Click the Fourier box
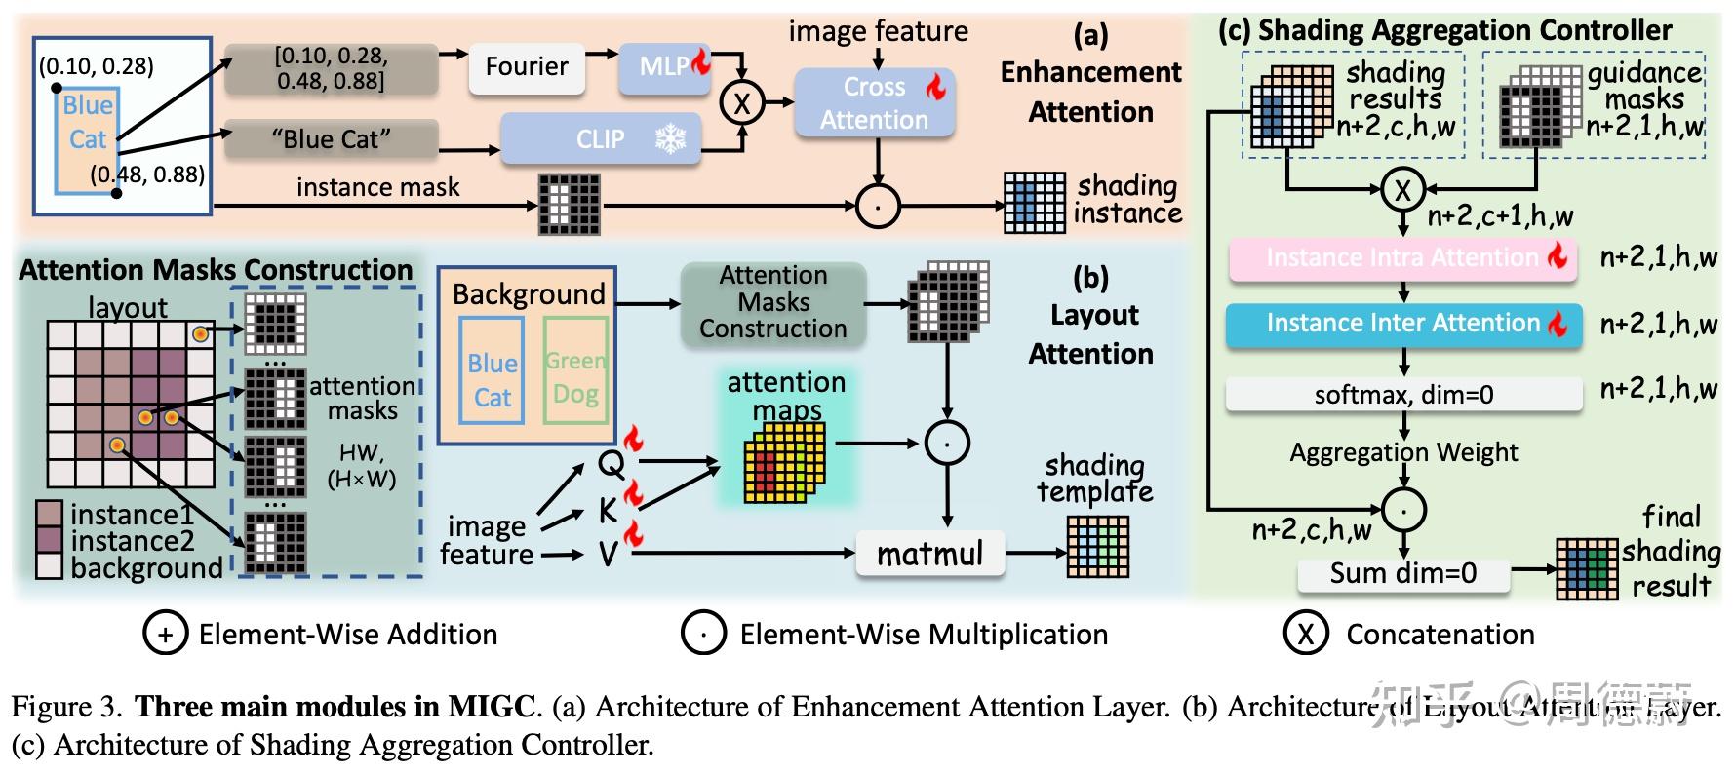point(527,67)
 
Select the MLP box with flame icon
point(665,67)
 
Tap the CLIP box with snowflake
point(601,139)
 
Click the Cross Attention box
point(874,102)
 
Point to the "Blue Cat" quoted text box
point(331,139)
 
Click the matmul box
point(929,555)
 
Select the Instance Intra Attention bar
point(1402,258)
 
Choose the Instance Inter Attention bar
point(1402,324)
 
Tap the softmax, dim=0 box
point(1402,395)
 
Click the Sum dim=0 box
point(1402,573)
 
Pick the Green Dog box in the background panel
point(575,377)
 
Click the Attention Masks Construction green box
point(772,302)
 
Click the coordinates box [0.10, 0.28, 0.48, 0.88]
point(331,68)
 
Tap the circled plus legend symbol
point(166,635)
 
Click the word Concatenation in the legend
point(1440,635)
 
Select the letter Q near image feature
point(611,464)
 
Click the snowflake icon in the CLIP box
point(670,139)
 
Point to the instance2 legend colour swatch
point(49,541)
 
